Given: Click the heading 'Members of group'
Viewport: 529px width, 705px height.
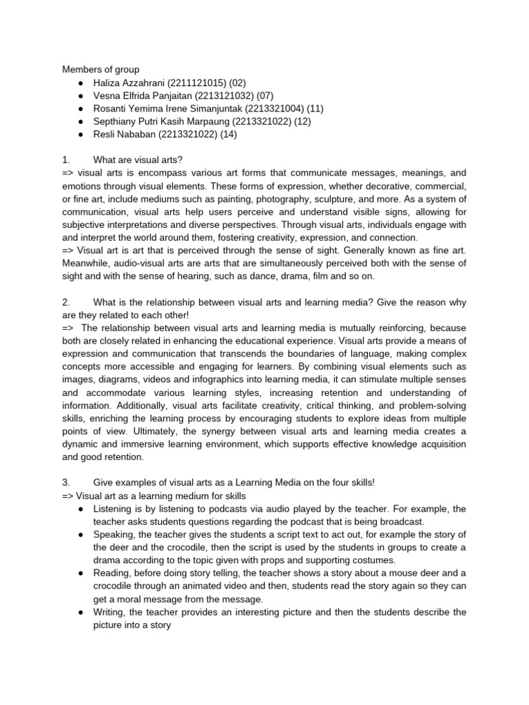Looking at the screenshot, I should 101,69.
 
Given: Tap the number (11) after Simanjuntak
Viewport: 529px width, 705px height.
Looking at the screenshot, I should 313,108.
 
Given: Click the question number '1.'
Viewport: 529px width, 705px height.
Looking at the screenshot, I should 66,160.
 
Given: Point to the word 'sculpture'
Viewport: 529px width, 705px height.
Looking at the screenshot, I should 380,200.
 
